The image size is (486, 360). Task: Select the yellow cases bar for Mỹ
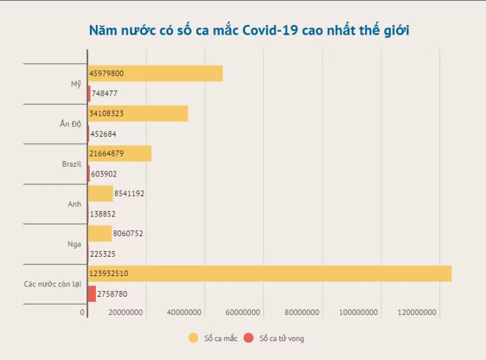[156, 73]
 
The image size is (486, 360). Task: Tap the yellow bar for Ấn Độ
[138, 113]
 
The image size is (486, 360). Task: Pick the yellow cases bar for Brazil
[120, 153]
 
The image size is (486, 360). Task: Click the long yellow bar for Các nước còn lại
[270, 274]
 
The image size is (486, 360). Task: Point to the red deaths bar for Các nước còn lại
[92, 294]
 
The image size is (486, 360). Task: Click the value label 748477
[104, 94]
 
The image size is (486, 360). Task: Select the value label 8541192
[129, 193]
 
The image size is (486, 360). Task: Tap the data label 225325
[103, 254]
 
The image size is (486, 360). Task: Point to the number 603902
[104, 174]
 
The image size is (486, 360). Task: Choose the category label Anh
[74, 204]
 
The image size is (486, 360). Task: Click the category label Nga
[74, 244]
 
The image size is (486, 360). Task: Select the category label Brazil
[72, 164]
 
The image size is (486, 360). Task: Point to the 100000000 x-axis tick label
[358, 313]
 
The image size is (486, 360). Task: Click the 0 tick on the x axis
[83, 313]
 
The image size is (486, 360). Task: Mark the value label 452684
[104, 134]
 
